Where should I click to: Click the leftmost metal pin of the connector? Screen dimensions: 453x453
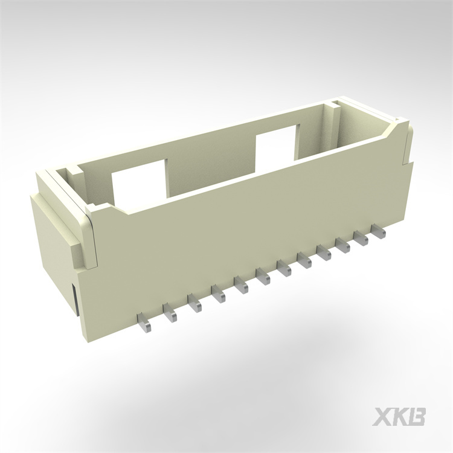pos(144,324)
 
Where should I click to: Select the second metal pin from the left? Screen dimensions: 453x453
pos(170,313)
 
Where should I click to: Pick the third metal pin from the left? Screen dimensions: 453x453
pos(194,304)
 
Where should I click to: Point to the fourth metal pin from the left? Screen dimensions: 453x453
pos(218,295)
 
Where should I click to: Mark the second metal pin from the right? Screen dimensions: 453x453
pos(361,239)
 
